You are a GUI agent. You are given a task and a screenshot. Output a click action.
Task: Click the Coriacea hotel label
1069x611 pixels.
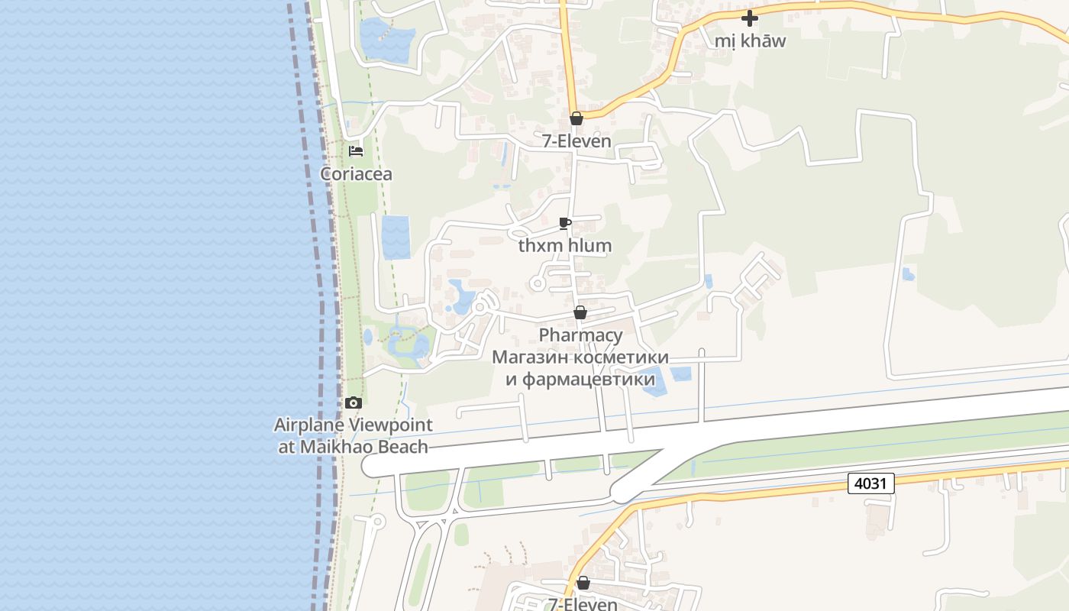tap(356, 174)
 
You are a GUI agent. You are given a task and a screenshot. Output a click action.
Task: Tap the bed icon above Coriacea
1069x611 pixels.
tap(356, 150)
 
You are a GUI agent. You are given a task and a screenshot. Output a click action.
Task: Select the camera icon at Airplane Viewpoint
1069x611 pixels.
tap(353, 402)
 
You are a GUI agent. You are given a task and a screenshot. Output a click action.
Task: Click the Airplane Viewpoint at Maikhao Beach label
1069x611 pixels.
tap(353, 435)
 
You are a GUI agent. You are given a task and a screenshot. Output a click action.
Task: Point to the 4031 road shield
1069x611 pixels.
tap(870, 483)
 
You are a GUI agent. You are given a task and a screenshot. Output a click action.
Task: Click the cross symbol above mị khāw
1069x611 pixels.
tap(750, 18)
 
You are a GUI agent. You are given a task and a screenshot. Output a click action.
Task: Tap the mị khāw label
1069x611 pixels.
tap(750, 41)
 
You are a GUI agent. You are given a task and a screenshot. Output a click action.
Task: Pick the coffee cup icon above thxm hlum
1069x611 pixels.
tap(565, 223)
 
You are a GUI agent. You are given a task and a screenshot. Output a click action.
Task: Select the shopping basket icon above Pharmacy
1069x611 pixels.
tap(580, 312)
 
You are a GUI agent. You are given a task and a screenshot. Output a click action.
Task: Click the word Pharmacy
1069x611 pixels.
tap(580, 335)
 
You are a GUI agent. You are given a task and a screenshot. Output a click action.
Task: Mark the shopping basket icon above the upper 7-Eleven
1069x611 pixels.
tap(576, 118)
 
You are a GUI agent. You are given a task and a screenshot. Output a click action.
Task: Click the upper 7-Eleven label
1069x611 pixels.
tap(576, 141)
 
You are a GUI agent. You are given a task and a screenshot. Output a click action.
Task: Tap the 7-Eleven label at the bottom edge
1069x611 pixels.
tap(583, 604)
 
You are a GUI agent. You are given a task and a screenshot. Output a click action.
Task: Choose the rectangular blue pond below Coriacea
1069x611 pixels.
tap(396, 237)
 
